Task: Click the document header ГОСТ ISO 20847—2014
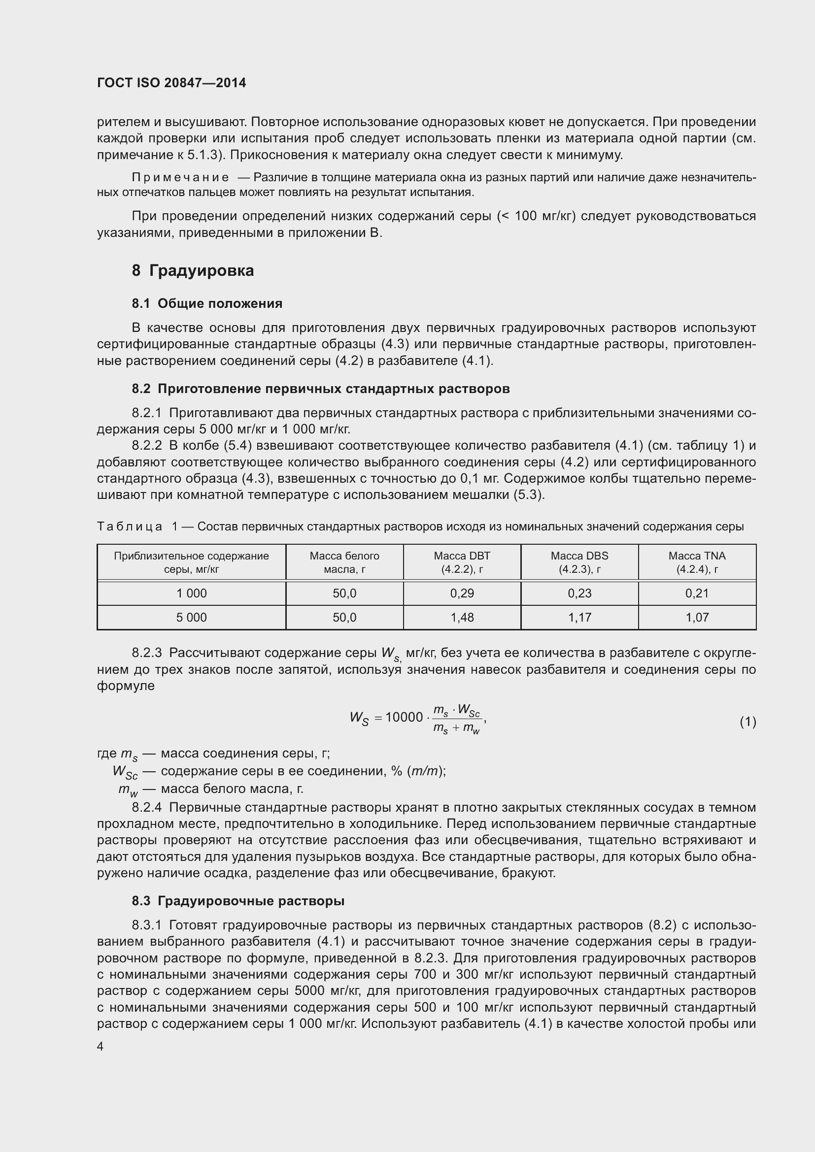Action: click(x=171, y=83)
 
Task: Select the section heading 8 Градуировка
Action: click(x=193, y=271)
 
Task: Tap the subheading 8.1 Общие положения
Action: click(x=207, y=303)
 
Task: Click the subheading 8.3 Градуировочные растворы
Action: click(x=238, y=901)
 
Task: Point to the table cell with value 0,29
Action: click(x=462, y=593)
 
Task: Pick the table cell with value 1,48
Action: click(x=462, y=618)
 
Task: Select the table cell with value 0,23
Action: click(x=579, y=593)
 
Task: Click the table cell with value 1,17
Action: click(x=579, y=618)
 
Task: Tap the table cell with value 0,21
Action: click(x=697, y=593)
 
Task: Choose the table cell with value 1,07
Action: click(x=697, y=618)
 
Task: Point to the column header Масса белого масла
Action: click(x=344, y=562)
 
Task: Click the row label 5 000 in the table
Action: click(x=191, y=618)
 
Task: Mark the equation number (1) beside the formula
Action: click(x=747, y=722)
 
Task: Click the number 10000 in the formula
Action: click(x=405, y=718)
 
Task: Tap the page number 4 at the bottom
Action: click(x=101, y=1047)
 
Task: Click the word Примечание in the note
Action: click(x=180, y=178)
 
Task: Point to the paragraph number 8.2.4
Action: click(x=146, y=807)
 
